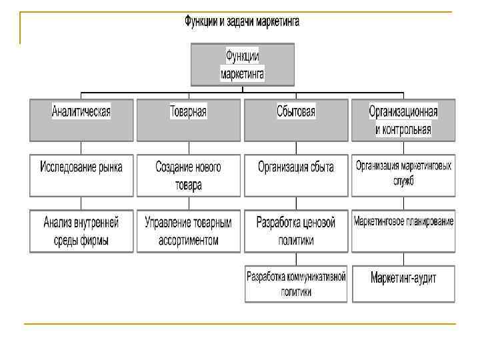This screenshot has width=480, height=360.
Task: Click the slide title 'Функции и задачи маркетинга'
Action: [x=242, y=22]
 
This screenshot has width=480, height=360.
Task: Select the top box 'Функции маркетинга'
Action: [x=242, y=65]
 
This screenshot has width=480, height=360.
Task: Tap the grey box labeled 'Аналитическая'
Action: [x=81, y=120]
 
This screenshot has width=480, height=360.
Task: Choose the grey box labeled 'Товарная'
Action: [x=188, y=120]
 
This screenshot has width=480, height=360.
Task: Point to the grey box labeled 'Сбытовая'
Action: [x=296, y=120]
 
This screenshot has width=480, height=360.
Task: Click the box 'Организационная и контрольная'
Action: [x=403, y=120]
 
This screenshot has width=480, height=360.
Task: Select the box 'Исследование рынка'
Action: [x=81, y=175]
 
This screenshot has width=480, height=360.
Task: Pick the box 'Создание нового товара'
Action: [x=188, y=175]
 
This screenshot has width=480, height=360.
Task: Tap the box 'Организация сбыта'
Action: [x=296, y=175]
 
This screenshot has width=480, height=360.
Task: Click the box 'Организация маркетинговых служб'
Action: [x=403, y=175]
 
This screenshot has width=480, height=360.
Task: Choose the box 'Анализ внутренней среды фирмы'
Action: [x=81, y=231]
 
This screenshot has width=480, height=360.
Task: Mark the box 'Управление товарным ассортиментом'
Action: [x=188, y=231]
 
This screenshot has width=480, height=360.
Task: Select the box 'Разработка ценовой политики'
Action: [x=296, y=231]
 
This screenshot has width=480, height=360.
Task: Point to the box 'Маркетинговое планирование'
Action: [x=403, y=231]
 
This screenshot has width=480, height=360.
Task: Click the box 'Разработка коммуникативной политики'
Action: [x=296, y=283]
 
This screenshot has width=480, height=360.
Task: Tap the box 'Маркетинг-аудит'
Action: [x=403, y=283]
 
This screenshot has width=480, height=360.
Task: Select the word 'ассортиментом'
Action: [x=188, y=240]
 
